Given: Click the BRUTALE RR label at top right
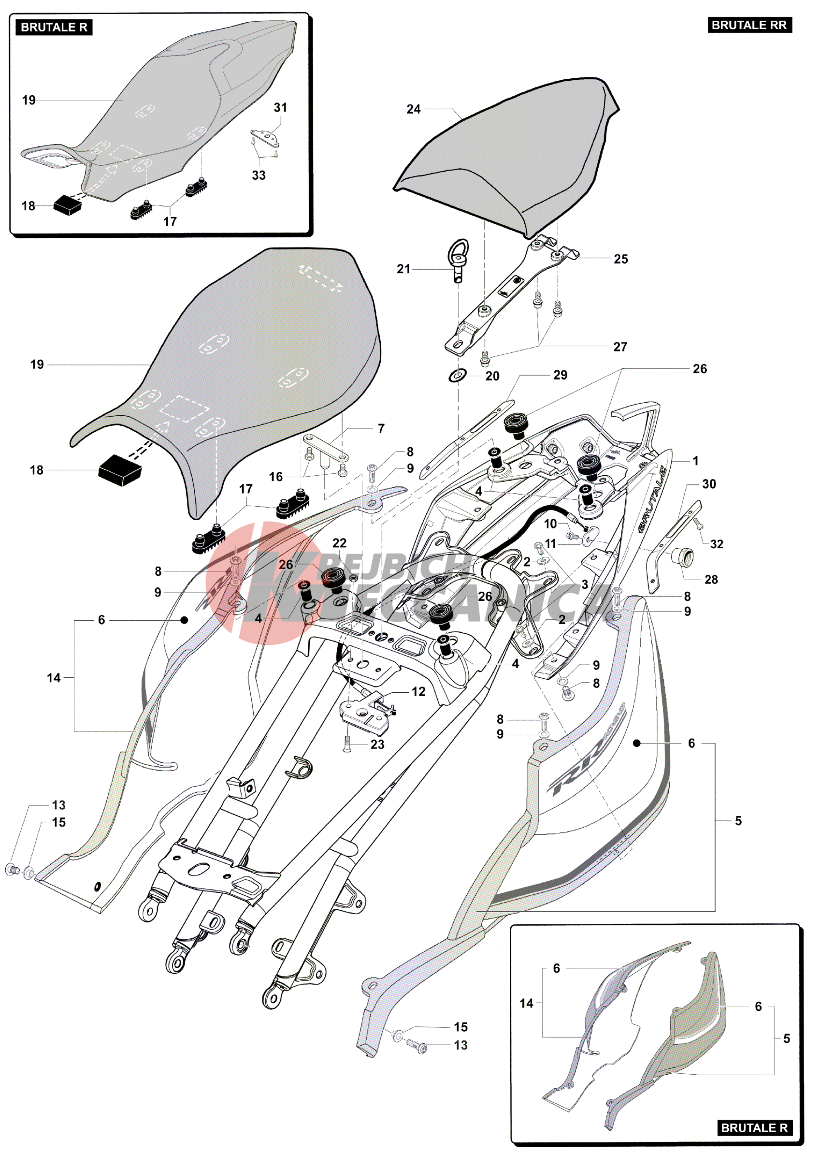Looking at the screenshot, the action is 749,25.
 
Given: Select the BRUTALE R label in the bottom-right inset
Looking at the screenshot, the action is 754,1128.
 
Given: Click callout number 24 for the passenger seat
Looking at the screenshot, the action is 414,109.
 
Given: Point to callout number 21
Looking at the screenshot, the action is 403,269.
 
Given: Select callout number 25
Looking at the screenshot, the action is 621,259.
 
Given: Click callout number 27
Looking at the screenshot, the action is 620,347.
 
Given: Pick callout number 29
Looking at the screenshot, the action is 560,375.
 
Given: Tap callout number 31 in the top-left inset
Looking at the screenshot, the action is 280,108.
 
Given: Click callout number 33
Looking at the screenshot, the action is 259,175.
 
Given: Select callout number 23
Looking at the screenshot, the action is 377,744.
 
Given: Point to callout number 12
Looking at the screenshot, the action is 418,692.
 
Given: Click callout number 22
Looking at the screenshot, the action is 339,543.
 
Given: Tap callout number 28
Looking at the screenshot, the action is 711,580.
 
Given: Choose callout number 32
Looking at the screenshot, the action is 717,544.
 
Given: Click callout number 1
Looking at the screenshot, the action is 695,461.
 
